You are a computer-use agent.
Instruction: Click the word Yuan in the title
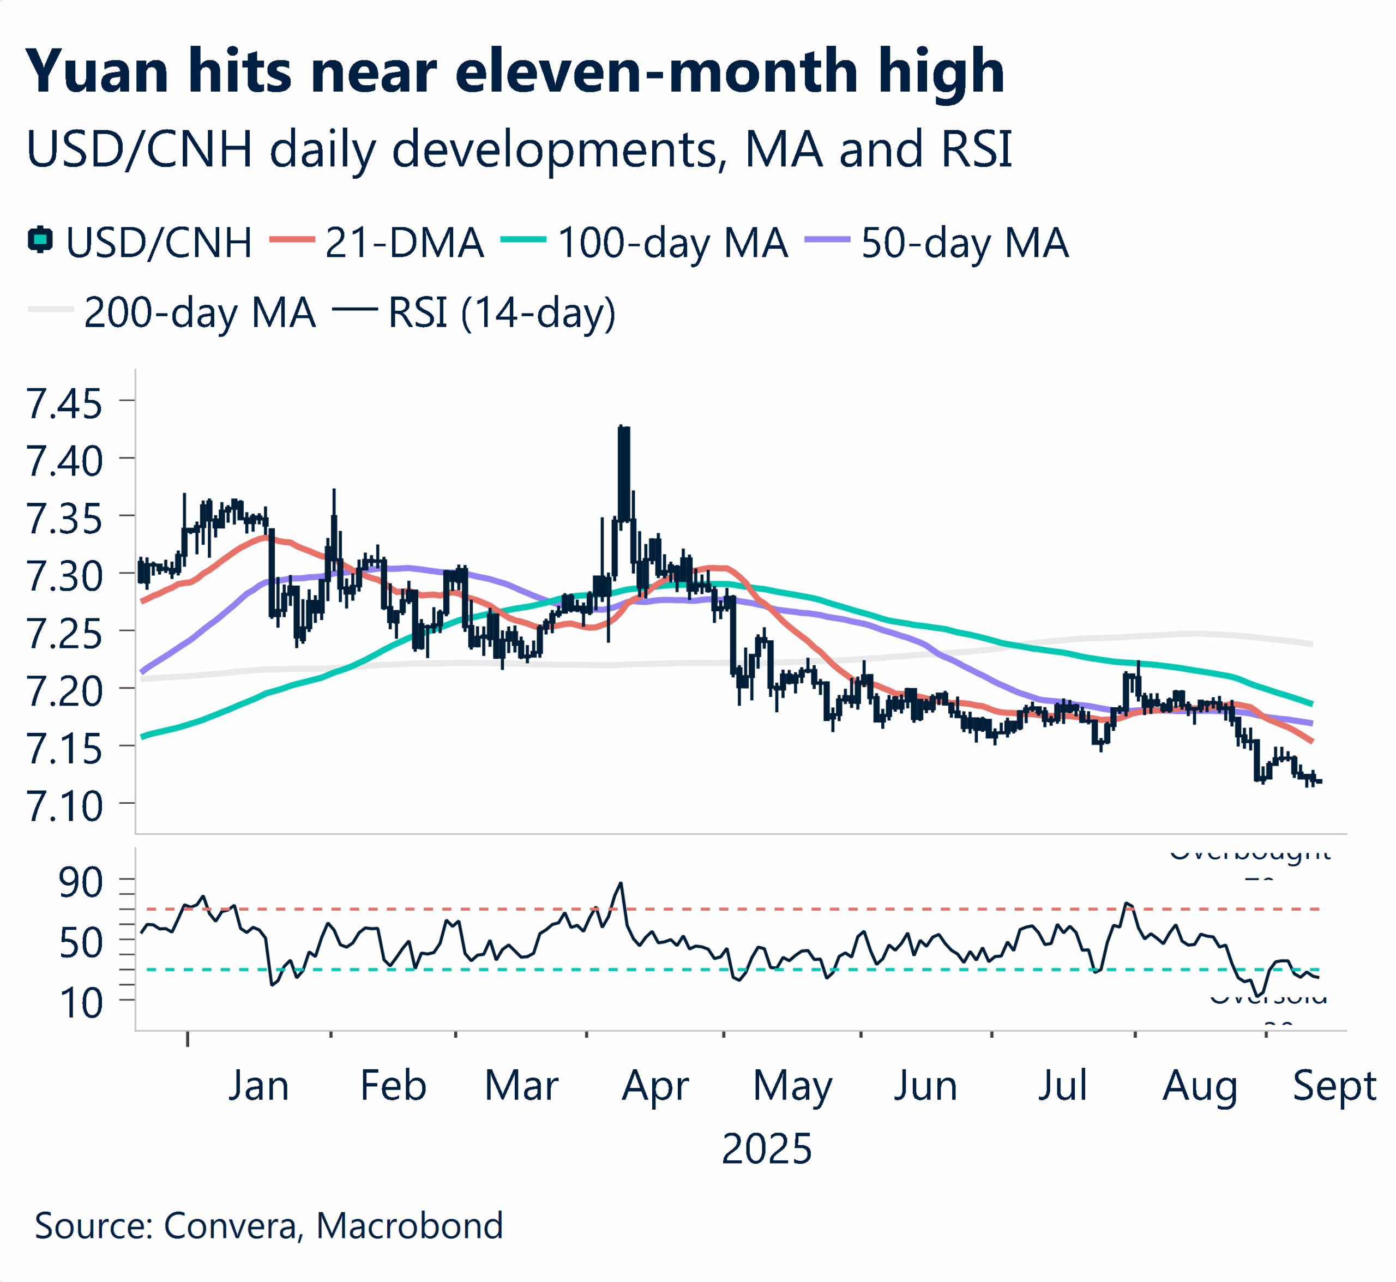(x=97, y=71)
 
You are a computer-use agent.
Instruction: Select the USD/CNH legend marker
(x=40, y=240)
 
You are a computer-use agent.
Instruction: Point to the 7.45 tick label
(x=64, y=403)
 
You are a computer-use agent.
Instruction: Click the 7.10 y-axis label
(x=64, y=806)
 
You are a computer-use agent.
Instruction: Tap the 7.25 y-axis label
(x=64, y=634)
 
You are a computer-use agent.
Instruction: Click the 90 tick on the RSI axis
(x=81, y=882)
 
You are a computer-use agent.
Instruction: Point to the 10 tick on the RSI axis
(x=81, y=1003)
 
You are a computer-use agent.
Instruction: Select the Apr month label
(x=655, y=1086)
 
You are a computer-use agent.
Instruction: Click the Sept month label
(x=1333, y=1086)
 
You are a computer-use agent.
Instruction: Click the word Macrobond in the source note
(x=410, y=1226)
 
